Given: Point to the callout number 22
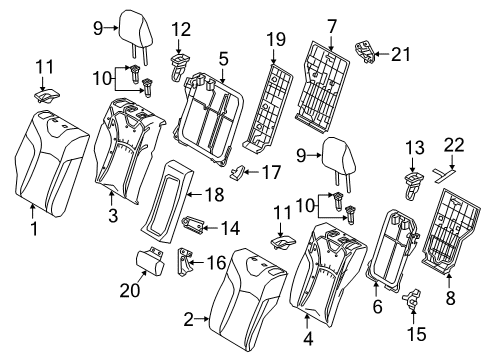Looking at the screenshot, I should click(455, 147).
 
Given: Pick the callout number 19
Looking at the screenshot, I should click(277, 39).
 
